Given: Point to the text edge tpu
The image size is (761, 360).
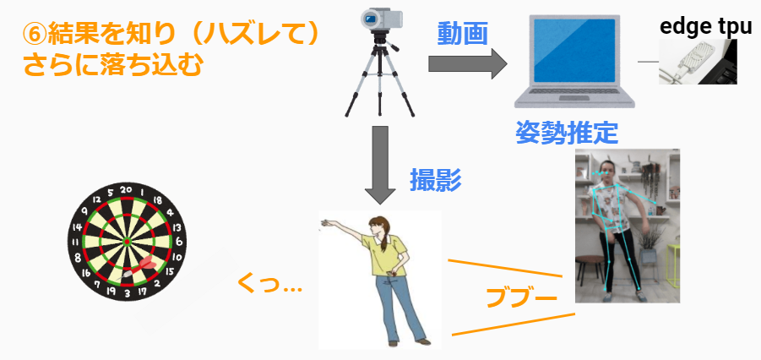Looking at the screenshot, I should [x=705, y=26].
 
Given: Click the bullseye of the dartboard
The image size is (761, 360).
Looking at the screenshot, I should [x=127, y=241].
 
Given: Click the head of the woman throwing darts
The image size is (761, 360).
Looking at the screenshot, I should [x=378, y=226].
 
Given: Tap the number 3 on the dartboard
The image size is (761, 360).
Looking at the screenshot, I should [x=127, y=294].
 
